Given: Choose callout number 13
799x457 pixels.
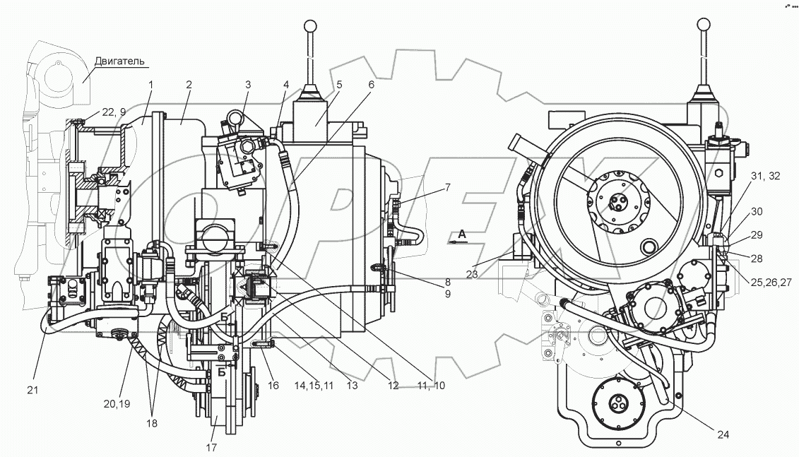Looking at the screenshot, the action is (352, 386).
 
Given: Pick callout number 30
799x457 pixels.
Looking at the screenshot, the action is (756, 211).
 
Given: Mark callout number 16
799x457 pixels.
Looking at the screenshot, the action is (273, 386).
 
